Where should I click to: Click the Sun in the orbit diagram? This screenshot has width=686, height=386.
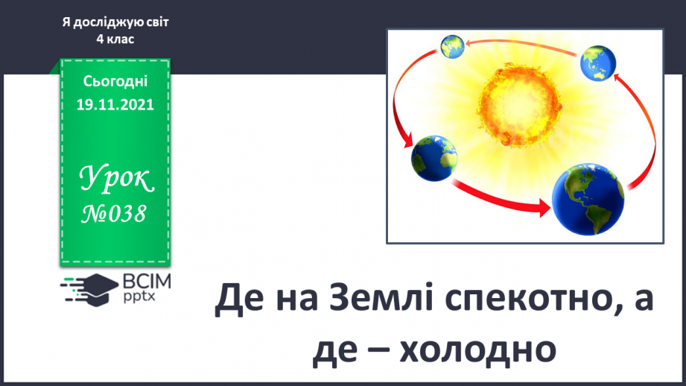[x=519, y=105]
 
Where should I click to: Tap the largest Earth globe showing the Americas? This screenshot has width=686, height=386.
[x=588, y=200]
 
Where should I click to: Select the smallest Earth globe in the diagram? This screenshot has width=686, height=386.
[x=452, y=46]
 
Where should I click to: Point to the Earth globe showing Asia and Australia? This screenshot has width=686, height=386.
[x=597, y=63]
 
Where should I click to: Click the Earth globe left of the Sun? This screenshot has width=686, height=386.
[x=434, y=159]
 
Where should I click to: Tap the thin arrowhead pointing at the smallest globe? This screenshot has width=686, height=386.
[x=469, y=43]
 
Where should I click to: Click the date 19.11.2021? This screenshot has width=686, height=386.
[x=115, y=104]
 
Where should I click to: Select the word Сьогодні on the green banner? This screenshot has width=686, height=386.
[x=115, y=81]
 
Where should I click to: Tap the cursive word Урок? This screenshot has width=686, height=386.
[x=116, y=179]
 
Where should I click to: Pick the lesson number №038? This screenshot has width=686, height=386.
[x=114, y=214]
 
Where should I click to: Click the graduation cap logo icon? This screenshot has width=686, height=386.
[x=89, y=289]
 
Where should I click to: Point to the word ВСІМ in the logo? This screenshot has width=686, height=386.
[x=147, y=282]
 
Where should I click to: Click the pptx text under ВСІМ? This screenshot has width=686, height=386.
[x=139, y=297]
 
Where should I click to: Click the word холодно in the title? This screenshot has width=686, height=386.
[x=477, y=350]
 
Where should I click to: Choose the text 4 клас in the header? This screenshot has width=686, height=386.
[x=115, y=39]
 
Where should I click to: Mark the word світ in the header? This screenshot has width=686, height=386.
[x=157, y=22]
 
